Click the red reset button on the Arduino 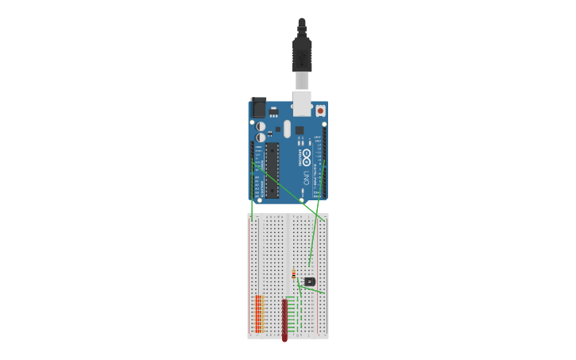click(x=320, y=110)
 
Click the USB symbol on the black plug click(x=302, y=56)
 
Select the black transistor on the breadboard click(x=310, y=281)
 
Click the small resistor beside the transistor click(x=293, y=275)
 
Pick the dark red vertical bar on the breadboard click(x=284, y=319)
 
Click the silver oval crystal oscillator click(x=286, y=127)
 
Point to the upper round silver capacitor click(x=261, y=126)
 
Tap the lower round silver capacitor click(x=261, y=137)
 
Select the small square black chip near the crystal click(x=300, y=130)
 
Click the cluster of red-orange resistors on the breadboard click(x=258, y=313)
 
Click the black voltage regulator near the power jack click(x=273, y=111)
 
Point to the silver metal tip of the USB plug click(x=302, y=80)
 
